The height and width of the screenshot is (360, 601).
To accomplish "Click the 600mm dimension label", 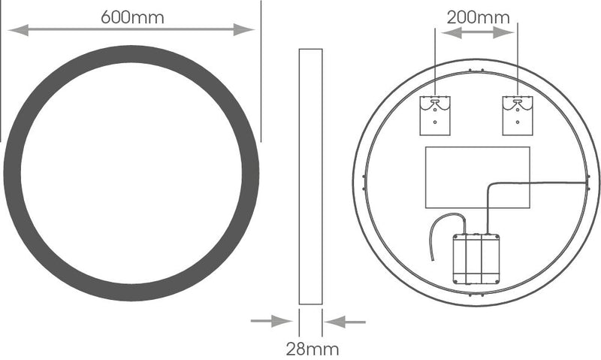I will (x=132, y=17).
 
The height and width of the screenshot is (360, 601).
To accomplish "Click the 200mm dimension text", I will (x=478, y=17).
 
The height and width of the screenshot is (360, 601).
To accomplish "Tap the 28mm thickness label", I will (x=312, y=349).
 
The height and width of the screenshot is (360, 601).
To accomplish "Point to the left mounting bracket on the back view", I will (x=435, y=115).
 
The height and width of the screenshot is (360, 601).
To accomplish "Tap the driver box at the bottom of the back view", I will (x=476, y=259).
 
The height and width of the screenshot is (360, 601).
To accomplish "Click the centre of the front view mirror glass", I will (x=131, y=173).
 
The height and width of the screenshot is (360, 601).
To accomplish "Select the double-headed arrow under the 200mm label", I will (x=477, y=32).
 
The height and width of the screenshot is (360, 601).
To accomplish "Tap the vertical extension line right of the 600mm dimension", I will (x=261, y=71).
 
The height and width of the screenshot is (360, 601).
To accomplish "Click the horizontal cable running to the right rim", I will (x=541, y=183).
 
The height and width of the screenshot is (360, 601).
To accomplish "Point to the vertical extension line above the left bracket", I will (x=436, y=60).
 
